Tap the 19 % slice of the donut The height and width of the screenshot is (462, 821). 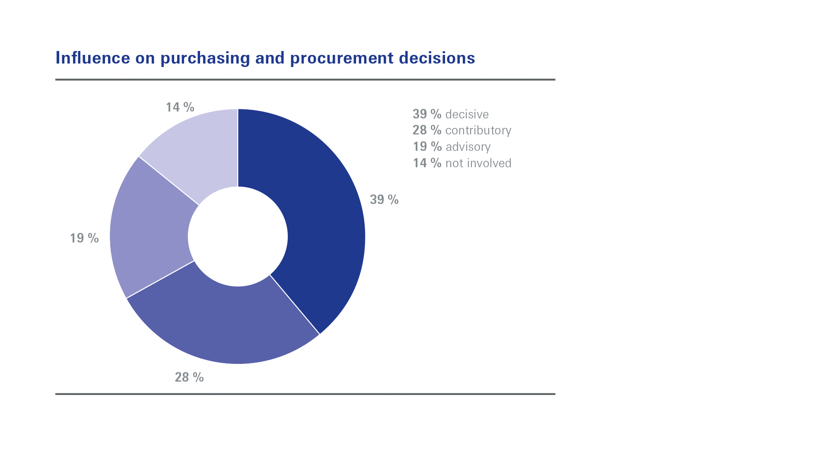pos(147,233)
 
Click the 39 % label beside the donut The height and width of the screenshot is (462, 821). pos(384,200)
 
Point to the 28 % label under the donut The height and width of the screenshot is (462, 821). pos(189,377)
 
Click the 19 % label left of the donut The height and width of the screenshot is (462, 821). pos(84,238)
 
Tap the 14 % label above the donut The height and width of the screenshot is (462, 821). pos(180,107)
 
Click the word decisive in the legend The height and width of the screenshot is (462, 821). pos(467,114)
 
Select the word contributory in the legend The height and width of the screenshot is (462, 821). pos(478,131)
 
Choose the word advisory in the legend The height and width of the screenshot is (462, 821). pos(468,147)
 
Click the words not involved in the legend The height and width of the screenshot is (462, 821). pos(478,163)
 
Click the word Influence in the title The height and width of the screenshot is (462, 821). pos(93,58)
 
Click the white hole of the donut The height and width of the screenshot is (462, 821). pos(238,236)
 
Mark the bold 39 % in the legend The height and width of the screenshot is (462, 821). pos(427,114)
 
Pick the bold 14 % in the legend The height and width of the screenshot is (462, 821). pos(427,163)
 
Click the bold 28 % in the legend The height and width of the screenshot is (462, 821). pos(427,130)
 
